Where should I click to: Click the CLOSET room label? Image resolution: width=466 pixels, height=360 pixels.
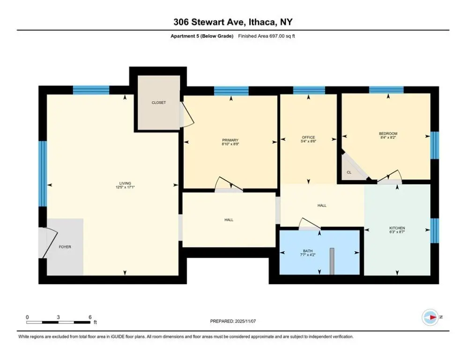point(159,103)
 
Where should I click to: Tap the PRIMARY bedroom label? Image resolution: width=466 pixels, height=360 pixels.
point(230,140)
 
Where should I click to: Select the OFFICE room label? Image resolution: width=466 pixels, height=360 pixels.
point(308,137)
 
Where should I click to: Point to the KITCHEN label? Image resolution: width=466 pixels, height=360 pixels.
point(397,228)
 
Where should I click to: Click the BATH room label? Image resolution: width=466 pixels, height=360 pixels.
point(308,251)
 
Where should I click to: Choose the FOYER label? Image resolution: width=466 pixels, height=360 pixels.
point(65,247)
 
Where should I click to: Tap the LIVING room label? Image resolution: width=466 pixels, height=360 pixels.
point(125,183)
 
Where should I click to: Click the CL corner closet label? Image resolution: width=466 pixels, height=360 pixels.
point(349,172)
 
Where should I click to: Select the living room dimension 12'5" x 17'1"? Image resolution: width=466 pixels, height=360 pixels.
point(125,187)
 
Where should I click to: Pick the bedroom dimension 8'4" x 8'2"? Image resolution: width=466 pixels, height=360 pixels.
point(388,137)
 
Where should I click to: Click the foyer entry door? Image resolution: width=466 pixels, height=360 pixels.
point(48,242)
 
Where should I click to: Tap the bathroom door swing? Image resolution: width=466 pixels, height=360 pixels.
point(310,224)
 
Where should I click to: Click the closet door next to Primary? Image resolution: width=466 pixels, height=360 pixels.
point(187,115)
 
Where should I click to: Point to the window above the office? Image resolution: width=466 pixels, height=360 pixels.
point(309,90)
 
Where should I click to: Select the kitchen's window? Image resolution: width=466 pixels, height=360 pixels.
point(435,231)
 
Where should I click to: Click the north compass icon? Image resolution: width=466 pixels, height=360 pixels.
point(430,317)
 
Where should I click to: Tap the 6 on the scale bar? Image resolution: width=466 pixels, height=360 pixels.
point(90,317)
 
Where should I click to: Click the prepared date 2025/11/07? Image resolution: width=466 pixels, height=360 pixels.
point(245,321)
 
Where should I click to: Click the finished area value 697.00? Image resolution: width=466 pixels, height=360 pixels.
point(277,36)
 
